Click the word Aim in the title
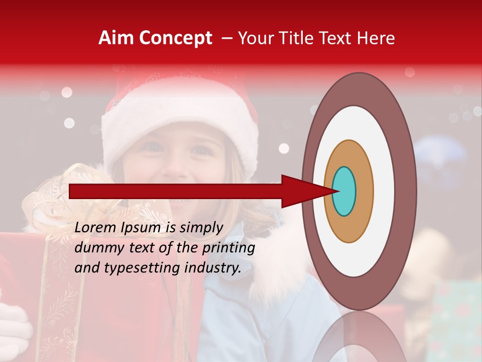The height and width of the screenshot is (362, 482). pos(116,38)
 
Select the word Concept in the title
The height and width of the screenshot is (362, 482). pos(175,38)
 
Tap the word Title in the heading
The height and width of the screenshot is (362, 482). pos(293,38)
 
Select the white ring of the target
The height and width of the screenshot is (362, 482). pos(384,191)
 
